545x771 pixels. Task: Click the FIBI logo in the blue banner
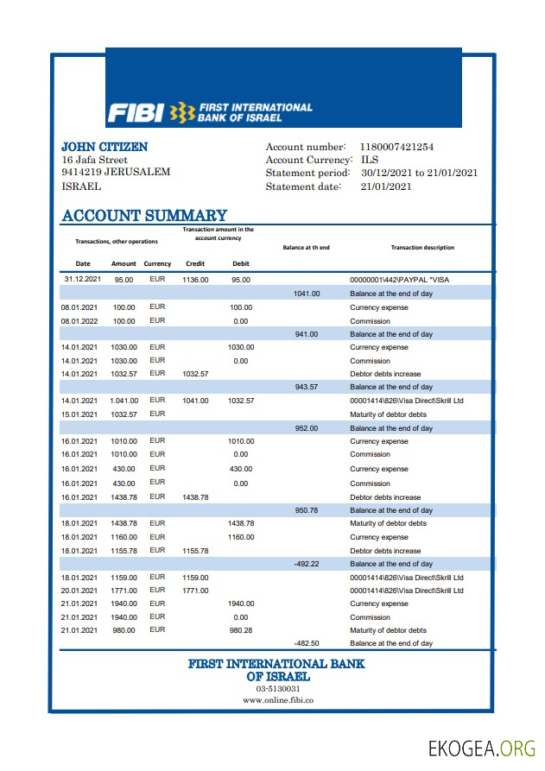[x=210, y=112]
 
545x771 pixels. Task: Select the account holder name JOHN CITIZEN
[x=105, y=147]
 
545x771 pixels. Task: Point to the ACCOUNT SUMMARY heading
[x=144, y=216]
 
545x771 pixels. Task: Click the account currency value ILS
[x=369, y=161]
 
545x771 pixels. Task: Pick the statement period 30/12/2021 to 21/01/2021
[x=418, y=173]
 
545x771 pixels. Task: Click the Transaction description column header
[x=422, y=248]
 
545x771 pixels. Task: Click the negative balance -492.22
[x=306, y=564]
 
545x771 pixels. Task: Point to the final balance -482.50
[x=306, y=643]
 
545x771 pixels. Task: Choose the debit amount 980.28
[x=241, y=630]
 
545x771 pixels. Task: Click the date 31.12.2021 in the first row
[x=83, y=280]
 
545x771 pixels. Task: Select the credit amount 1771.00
[x=195, y=591]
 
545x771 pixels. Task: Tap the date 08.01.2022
[x=79, y=320]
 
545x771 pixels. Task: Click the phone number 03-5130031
[x=272, y=689]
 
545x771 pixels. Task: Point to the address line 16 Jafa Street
[x=95, y=160]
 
